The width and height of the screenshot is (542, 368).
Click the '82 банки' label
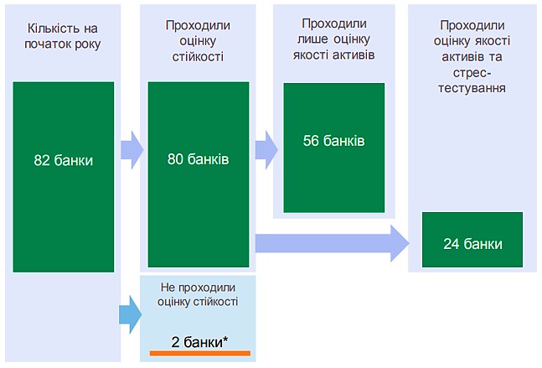point(64,160)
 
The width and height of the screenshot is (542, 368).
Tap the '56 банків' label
point(333,140)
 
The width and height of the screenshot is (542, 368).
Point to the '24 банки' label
point(473,244)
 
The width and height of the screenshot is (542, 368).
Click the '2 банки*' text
point(199,341)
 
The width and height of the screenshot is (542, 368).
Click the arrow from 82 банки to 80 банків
point(132,150)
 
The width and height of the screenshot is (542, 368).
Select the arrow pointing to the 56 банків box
point(266,149)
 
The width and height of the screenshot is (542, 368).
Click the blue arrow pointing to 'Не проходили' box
point(131,314)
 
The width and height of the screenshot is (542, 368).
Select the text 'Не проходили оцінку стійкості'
point(198,294)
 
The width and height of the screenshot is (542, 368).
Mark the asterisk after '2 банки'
point(225,339)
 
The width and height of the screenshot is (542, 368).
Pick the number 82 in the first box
point(42,160)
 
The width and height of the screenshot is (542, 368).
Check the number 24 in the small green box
point(452,244)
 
